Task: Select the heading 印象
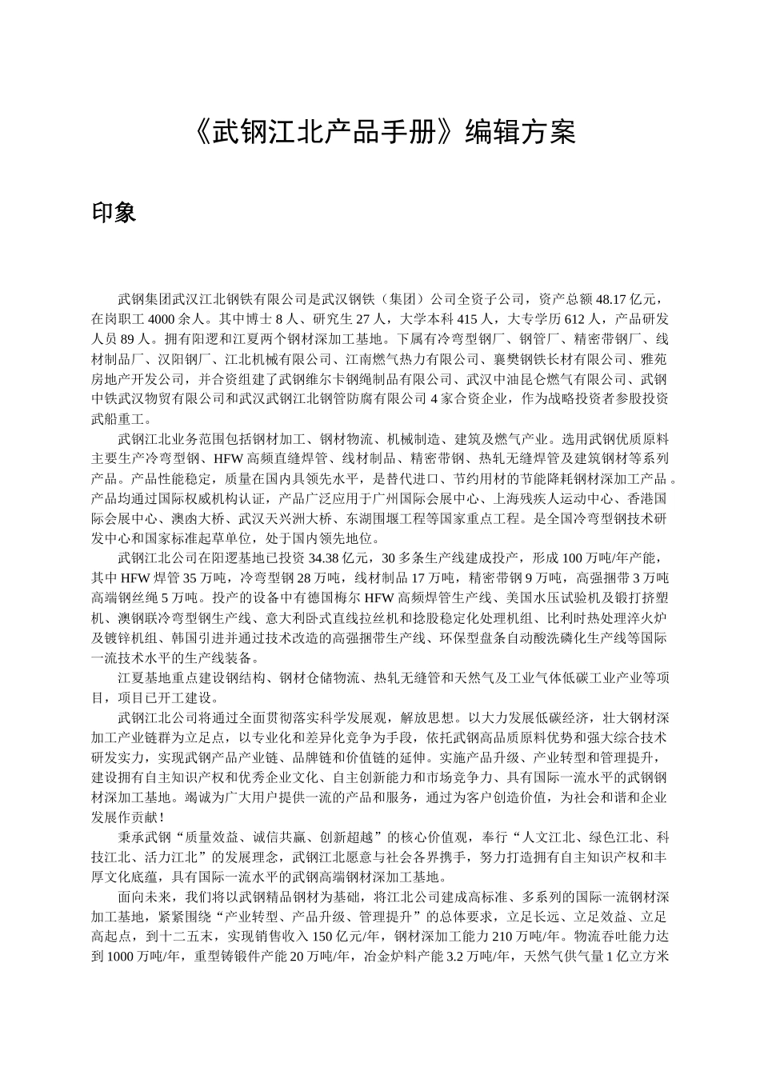(114, 212)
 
